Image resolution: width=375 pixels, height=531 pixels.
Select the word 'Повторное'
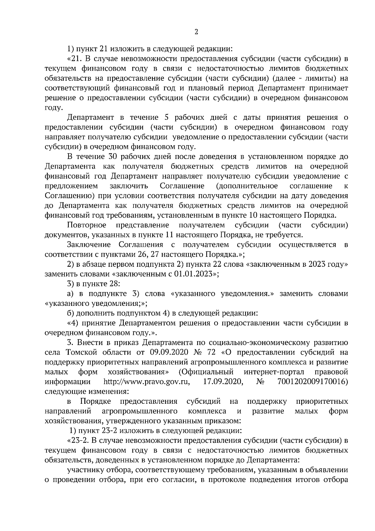pyautogui.click(x=87, y=225)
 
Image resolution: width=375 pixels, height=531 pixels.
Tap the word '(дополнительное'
pyautogui.click(x=247, y=186)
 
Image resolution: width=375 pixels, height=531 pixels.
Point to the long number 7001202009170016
pyautogui.click(x=312, y=382)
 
